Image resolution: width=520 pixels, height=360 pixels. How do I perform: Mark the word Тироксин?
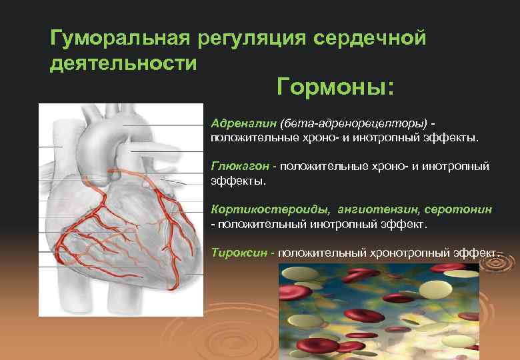click(x=236, y=253)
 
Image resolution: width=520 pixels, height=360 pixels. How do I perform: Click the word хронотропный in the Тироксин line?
click(x=411, y=253)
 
